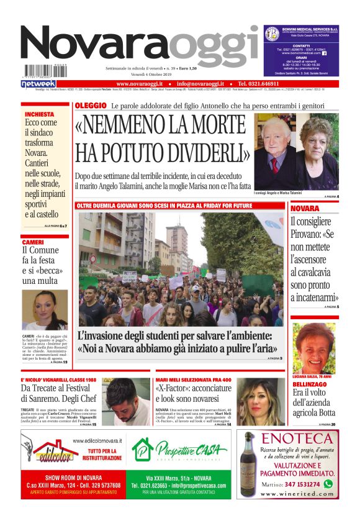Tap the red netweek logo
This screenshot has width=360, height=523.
(38, 83)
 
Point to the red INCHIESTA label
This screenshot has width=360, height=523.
(40, 114)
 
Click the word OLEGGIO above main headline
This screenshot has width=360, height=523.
(90, 106)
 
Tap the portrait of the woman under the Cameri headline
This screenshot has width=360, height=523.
(45, 311)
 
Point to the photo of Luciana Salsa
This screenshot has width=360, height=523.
(313, 347)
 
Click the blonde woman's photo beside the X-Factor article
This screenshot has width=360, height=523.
(259, 401)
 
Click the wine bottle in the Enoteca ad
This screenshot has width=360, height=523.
(249, 463)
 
